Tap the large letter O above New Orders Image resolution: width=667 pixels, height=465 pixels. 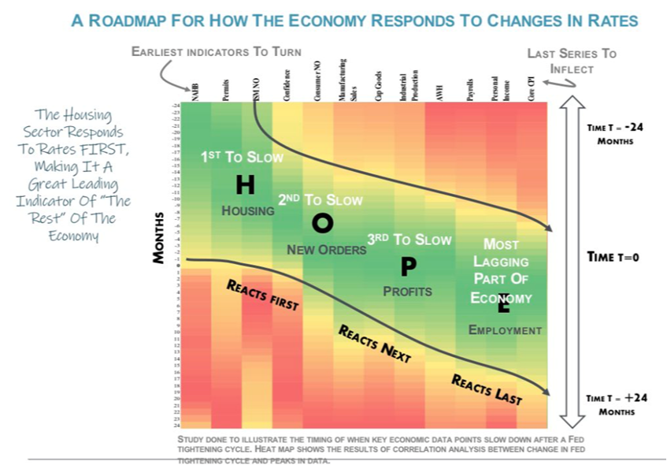(x=323, y=224)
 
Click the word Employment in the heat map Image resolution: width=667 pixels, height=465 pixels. (x=505, y=329)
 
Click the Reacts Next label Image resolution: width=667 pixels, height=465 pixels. (x=375, y=344)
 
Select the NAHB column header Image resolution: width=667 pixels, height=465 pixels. (x=195, y=91)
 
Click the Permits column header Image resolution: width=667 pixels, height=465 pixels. (x=225, y=89)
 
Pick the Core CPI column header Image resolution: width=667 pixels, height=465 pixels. (x=532, y=88)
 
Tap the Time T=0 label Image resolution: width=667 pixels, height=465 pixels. (x=617, y=256)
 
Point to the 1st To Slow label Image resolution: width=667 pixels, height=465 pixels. (x=242, y=157)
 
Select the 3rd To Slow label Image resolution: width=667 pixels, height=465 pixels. (x=409, y=239)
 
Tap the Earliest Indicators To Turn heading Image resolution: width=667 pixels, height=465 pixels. (x=217, y=52)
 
